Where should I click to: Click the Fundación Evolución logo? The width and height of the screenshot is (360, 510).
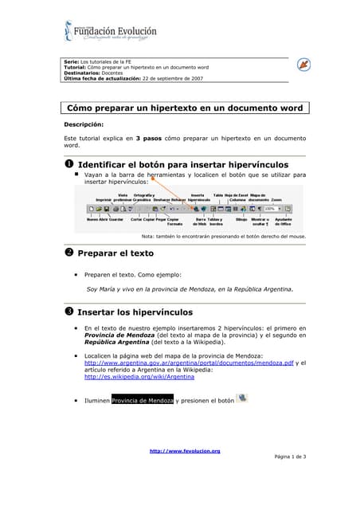(111, 32)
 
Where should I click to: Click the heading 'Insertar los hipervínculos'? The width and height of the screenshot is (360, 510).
(146, 312)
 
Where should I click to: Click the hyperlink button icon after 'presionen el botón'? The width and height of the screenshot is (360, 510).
(242, 398)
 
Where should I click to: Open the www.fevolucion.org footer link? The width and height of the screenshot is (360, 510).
(185, 451)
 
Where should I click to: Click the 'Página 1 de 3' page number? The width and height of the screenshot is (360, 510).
(289, 457)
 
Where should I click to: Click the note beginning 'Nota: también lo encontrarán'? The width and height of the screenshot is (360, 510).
(223, 236)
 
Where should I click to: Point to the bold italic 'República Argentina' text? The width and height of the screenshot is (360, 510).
(115, 342)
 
